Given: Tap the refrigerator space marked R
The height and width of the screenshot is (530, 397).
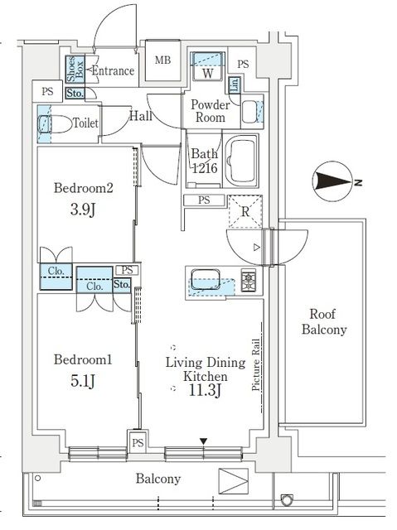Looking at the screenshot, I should point(245,210).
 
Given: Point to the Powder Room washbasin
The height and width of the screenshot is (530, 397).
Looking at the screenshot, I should point(250,108).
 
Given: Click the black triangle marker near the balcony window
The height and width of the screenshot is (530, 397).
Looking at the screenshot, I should point(204,442).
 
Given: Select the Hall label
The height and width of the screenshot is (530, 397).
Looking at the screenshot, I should point(140,117).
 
